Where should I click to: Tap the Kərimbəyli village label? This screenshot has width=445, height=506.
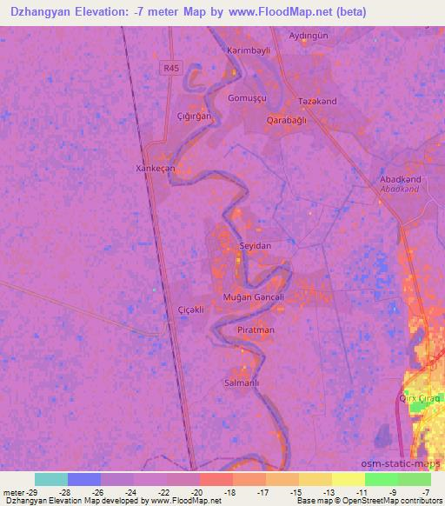[x=249, y=50]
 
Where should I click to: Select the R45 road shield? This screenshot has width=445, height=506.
[x=169, y=67]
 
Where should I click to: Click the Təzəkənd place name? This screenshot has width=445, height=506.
[x=317, y=102]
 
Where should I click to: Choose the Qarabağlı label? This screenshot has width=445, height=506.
[x=287, y=120]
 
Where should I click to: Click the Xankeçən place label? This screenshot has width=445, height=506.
[x=156, y=168]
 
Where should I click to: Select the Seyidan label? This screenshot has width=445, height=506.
[x=256, y=246]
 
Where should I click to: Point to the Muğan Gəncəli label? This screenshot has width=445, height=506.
[x=254, y=297]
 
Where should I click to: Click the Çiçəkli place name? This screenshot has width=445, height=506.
[x=190, y=310]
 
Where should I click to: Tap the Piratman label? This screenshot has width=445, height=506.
[x=256, y=330]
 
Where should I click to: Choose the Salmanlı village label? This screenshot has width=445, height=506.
[x=242, y=382]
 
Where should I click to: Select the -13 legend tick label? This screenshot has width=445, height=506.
[x=329, y=491]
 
